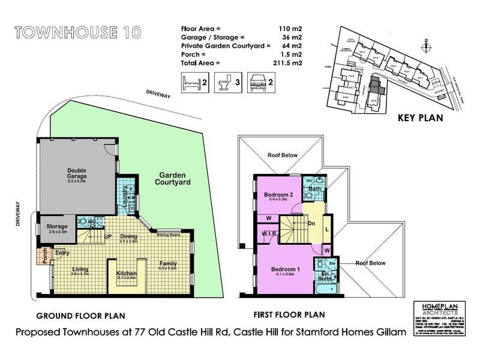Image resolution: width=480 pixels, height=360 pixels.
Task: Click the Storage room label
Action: click(58, 226)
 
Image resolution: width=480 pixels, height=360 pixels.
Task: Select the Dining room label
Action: click(130, 236)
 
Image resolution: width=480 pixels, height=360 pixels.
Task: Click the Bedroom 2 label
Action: click(278, 194)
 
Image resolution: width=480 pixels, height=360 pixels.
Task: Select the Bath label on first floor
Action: click(314, 190)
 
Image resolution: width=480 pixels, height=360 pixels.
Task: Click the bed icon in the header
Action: click(190, 80)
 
